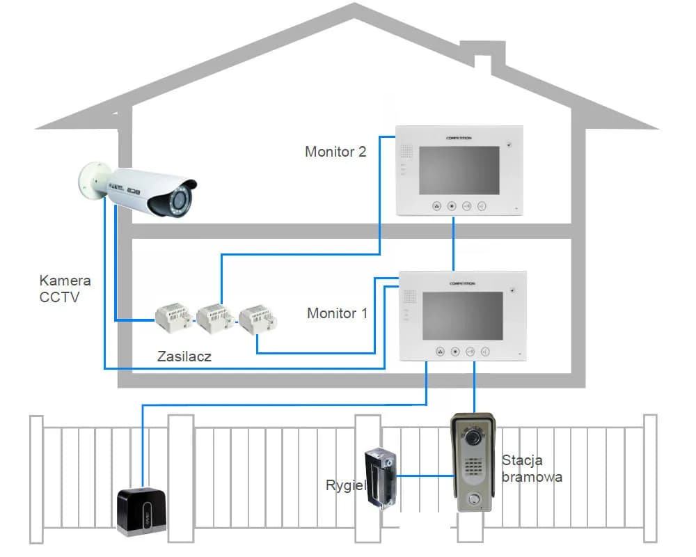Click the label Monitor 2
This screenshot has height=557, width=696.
pyautogui.click(x=335, y=151)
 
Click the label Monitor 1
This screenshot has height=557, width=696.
pyautogui.click(x=337, y=313)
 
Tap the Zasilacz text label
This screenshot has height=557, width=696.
pyautogui.click(x=184, y=356)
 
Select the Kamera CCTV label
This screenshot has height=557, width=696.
pyautogui.click(x=65, y=289)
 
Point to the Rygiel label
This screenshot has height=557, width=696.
pyautogui.click(x=345, y=485)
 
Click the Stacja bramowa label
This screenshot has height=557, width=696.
pyautogui.click(x=530, y=469)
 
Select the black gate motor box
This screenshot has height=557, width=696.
pyautogui.click(x=141, y=511)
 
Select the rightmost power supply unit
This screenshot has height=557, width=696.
pyautogui.click(x=258, y=320)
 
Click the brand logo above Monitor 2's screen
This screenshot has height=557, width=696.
pyautogui.click(x=459, y=138)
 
